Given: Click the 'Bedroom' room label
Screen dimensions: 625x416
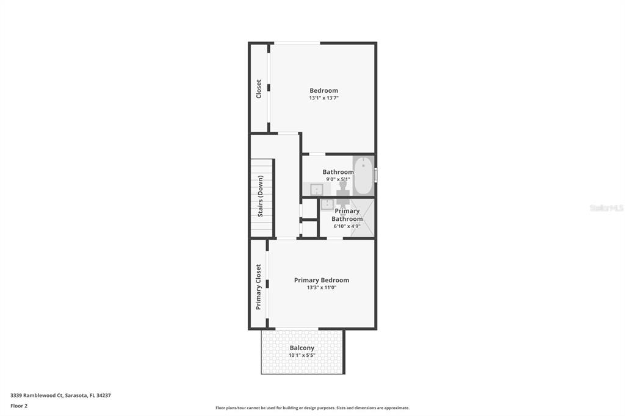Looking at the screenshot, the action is (323, 90).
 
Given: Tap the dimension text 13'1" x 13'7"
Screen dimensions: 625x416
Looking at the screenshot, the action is (323, 98).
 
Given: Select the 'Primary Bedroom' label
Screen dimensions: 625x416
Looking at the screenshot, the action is (322, 281).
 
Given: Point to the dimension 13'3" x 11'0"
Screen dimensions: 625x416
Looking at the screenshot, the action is (322, 288).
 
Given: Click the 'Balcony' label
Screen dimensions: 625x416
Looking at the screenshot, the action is (302, 348).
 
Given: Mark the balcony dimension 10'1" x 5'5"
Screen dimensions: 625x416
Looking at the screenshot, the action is (302, 356).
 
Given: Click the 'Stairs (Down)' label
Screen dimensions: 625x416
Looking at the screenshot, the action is (260, 196).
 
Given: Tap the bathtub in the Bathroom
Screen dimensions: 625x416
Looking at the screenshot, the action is (363, 175).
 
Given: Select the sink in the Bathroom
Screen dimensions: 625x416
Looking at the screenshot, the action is (317, 189).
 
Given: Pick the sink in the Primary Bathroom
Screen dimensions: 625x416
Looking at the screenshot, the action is (327, 204).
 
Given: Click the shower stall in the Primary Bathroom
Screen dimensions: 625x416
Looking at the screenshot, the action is (363, 218).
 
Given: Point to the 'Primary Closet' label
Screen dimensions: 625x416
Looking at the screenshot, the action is (258, 287).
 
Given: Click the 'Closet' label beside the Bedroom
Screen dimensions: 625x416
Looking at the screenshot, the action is (258, 89).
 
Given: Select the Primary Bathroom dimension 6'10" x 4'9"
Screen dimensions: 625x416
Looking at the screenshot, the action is (347, 226).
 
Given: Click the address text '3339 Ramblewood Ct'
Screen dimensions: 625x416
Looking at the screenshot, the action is (37, 396).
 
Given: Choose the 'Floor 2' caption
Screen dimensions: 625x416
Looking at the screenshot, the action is (19, 406).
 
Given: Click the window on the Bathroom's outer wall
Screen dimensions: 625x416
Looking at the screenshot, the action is (375, 174).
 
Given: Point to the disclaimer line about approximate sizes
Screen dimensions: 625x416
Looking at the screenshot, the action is (312, 408).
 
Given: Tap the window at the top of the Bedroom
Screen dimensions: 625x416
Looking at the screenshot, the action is (297, 43).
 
